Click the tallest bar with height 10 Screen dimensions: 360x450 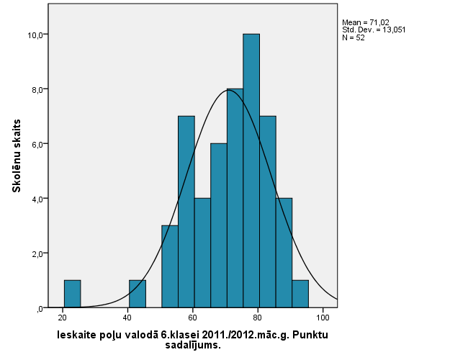251,171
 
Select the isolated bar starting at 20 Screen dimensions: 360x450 72,294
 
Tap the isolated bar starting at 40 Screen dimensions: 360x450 138,294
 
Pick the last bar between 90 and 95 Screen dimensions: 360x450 300,294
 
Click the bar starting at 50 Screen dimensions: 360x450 170,266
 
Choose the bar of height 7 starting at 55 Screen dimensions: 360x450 186,212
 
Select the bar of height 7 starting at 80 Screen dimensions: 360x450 268,212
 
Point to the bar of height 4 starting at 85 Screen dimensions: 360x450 284,253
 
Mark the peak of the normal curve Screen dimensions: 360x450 229,90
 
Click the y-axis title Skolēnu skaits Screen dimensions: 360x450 16,156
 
